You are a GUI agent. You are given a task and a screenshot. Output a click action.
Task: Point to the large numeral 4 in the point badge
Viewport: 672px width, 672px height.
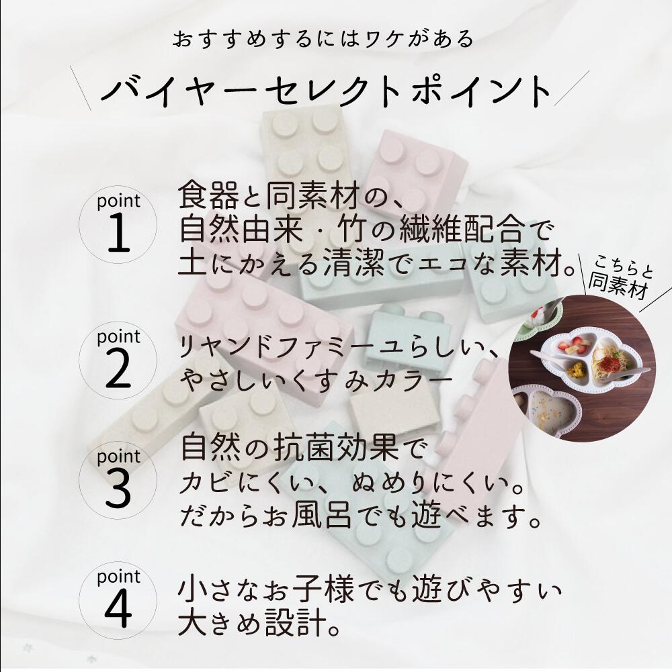pos(118,609)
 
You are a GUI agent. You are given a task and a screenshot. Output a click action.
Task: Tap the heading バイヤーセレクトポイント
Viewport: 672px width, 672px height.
pos(326,91)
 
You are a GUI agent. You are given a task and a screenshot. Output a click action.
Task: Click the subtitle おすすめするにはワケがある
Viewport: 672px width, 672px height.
pos(323,38)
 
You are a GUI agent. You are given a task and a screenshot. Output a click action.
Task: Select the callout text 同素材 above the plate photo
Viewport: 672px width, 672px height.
pos(618,286)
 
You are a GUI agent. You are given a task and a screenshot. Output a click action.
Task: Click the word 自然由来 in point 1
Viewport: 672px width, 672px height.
pos(241,230)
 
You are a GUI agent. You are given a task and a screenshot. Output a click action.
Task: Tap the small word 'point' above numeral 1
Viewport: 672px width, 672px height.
pos(118,201)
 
